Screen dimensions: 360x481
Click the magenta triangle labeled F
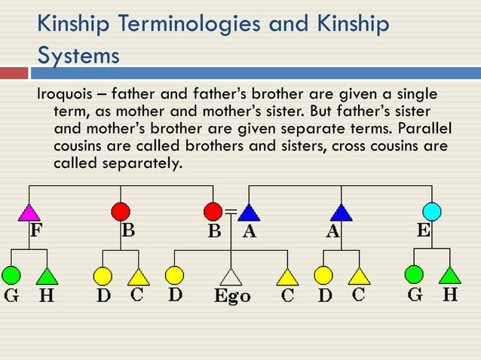click(x=29, y=213)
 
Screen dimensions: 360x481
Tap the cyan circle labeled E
click(x=431, y=211)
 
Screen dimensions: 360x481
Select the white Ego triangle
click(x=231, y=276)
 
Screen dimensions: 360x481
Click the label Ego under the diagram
click(x=231, y=295)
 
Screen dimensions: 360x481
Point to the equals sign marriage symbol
click(x=231, y=210)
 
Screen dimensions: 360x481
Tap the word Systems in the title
click(x=78, y=56)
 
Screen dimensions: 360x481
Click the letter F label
click(x=35, y=230)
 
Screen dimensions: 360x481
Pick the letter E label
click(x=424, y=230)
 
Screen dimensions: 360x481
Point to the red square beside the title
click(x=14, y=73)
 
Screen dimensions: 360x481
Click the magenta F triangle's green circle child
click(x=11, y=275)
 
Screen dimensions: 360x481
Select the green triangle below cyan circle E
click(x=449, y=275)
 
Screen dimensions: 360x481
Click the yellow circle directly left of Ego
click(x=174, y=275)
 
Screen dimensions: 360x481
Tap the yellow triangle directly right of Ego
click(x=287, y=276)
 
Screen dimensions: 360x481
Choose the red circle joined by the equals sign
click(x=213, y=211)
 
